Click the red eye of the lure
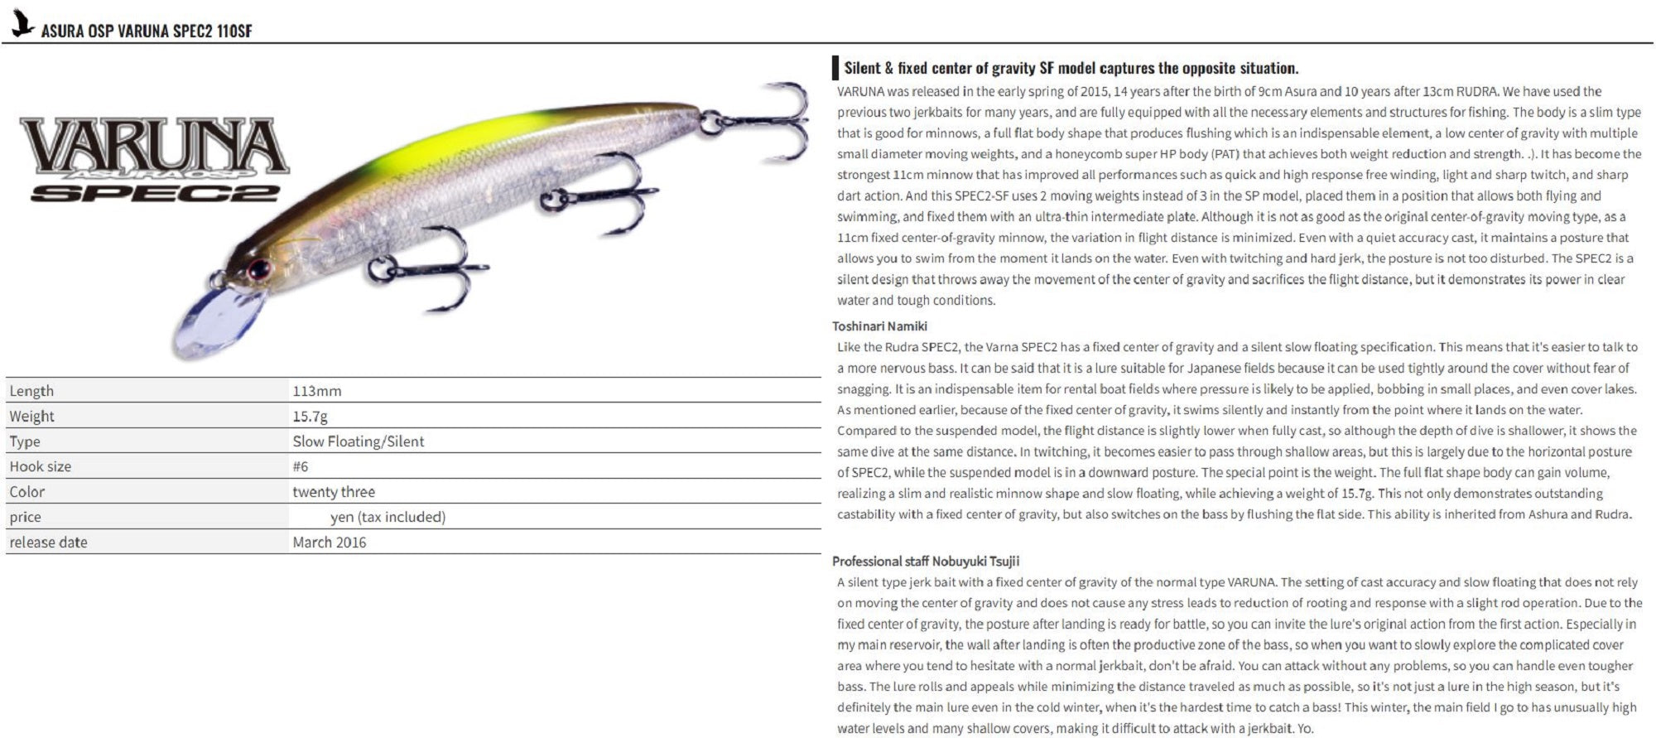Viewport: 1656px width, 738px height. coord(259,269)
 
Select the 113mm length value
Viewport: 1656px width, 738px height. coord(316,391)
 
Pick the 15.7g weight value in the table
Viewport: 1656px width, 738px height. coord(310,416)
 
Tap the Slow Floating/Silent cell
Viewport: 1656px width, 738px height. coord(358,441)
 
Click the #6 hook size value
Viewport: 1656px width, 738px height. coord(300,466)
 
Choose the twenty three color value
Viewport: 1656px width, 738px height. coord(333,492)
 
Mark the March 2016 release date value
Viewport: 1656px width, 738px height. coord(329,543)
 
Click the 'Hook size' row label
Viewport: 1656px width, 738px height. coord(40,466)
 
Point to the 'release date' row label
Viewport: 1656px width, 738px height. coord(48,543)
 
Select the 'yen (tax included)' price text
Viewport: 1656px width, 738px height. coord(388,517)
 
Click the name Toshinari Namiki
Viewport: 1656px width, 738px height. coord(879,326)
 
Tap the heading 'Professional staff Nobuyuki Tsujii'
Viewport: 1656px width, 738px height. coord(926,562)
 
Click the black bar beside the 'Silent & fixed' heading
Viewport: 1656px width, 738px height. coord(835,68)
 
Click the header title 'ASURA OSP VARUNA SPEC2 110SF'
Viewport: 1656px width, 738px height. coord(147,31)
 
